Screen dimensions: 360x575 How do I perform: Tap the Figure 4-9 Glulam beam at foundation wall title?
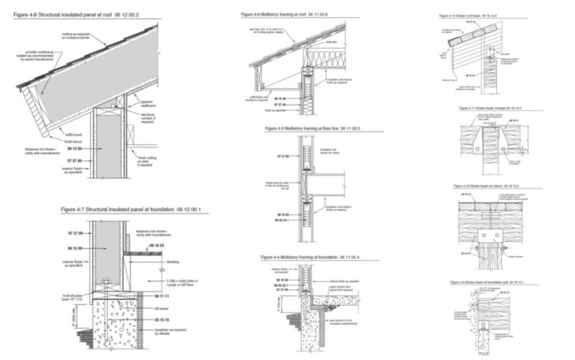492,281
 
